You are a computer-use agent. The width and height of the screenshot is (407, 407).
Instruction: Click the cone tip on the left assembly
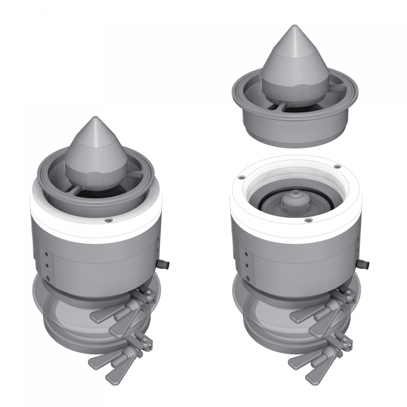95,118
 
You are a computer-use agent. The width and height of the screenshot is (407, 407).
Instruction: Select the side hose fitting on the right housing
363,264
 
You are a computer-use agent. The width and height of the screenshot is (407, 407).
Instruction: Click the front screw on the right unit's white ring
306,220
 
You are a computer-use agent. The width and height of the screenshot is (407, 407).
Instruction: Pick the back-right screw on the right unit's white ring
337,167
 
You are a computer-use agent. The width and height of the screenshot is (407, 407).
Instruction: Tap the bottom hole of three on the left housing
47,278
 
